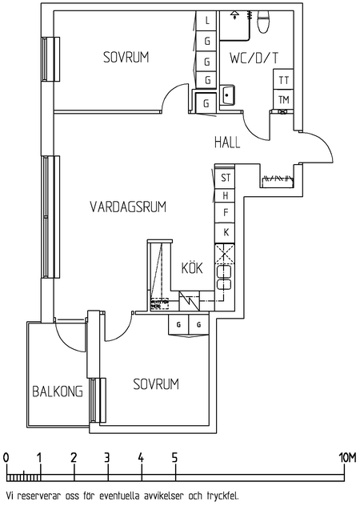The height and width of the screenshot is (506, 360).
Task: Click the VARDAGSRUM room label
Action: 127,207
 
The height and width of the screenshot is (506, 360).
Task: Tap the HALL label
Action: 227,143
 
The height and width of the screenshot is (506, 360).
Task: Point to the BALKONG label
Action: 58,392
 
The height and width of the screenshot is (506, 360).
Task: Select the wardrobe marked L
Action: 207,20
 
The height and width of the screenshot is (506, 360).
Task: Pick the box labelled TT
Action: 283,80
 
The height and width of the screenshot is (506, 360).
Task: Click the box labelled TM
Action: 283,99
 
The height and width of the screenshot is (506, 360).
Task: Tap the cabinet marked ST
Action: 226,178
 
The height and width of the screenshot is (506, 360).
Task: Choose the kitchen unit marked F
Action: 226,213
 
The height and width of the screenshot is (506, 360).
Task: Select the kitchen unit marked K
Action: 226,231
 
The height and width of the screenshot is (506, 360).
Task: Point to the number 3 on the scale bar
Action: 107,457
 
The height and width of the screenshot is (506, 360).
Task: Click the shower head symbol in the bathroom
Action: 234,15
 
